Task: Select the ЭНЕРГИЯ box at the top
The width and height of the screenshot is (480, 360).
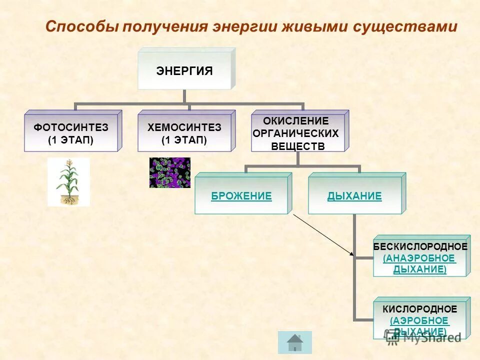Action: pos(184,71)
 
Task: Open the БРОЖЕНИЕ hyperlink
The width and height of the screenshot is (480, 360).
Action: pos(241,196)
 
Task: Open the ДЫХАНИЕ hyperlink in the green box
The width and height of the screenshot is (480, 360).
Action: pos(354,196)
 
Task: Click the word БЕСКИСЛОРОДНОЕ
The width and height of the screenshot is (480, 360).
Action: pos(420,247)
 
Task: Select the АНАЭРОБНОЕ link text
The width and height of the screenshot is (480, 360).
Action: pos(420,258)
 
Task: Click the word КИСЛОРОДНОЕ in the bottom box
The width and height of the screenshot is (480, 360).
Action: pos(420,309)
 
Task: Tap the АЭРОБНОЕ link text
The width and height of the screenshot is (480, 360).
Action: pos(420,320)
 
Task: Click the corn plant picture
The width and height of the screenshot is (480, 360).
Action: pos(68,181)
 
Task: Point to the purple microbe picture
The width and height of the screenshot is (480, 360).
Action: pos(170,173)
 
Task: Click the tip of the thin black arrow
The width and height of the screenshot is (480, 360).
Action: pos(353,255)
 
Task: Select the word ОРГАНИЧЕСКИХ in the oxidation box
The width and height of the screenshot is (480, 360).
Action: pos(296,133)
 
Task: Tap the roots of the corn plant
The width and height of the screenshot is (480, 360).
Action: pos(68,199)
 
